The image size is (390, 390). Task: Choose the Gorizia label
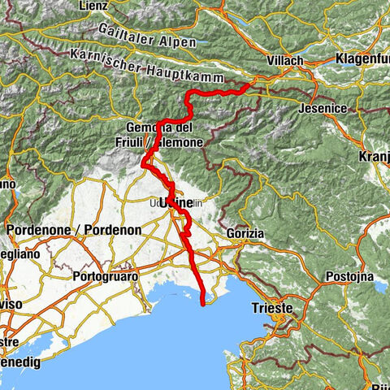pyautogui.click(x=247, y=233)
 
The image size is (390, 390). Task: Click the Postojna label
pyautogui.click(x=349, y=277)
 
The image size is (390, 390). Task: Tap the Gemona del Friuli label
pyautogui.click(x=158, y=135)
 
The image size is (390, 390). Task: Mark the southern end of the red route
pyautogui.click(x=201, y=302)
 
